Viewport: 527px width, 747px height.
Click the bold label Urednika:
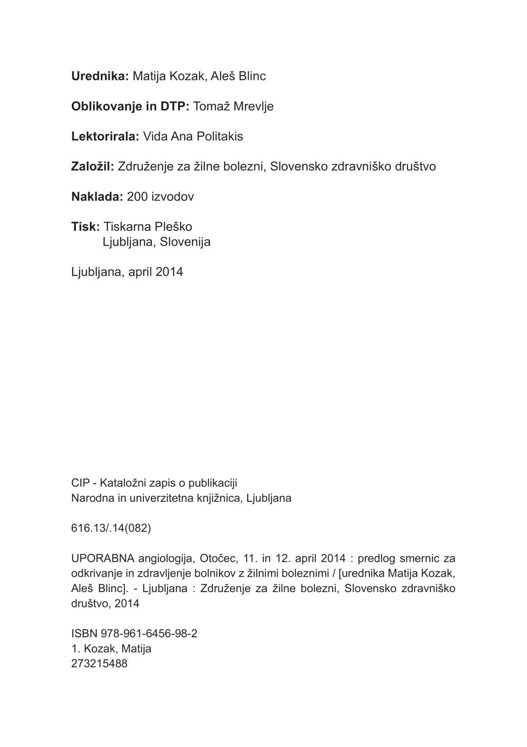coord(100,76)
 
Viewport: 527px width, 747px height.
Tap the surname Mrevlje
coord(253,107)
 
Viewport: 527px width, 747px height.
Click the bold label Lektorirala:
coord(105,136)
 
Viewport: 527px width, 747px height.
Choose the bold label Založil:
coord(93,167)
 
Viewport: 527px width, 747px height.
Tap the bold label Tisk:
coord(85,227)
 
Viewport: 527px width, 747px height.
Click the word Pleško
coord(174,227)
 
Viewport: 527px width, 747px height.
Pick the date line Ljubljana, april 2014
coord(127,272)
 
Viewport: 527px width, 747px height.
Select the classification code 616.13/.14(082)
coord(111,528)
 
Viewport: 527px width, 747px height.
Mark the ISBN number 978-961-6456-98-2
coord(145,634)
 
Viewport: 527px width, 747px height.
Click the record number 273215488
coord(99,663)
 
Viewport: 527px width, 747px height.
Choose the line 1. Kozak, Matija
coord(111,649)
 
